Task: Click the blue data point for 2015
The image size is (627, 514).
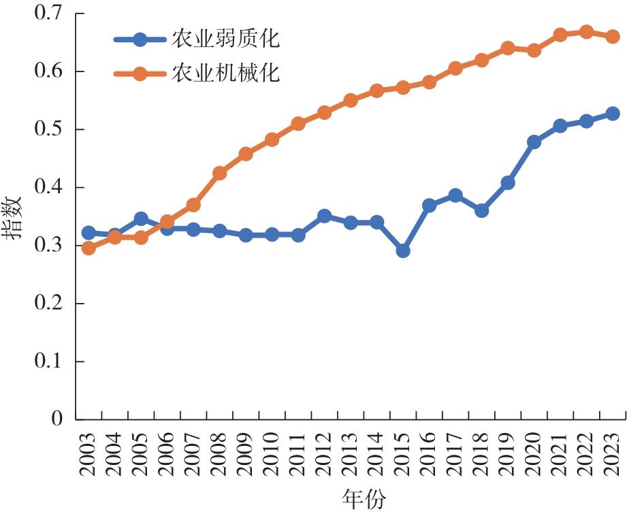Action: click(403, 251)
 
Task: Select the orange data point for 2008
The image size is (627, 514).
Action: click(219, 173)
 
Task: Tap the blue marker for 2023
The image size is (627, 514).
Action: click(613, 114)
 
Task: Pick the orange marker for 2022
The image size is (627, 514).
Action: click(586, 32)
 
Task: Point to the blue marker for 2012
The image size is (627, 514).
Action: click(324, 216)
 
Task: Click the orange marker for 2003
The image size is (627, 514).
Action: click(89, 248)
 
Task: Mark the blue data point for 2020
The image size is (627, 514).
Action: click(534, 142)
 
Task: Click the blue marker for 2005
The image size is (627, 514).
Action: click(141, 219)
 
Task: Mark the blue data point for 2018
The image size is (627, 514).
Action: click(481, 210)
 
